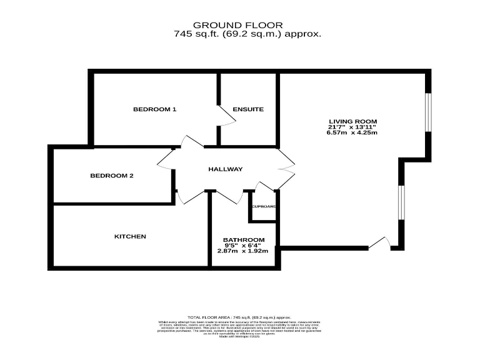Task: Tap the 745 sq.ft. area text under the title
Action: tap(247, 34)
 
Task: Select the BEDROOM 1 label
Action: tap(154, 109)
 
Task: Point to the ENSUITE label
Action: tap(248, 109)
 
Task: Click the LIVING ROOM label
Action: tap(353, 121)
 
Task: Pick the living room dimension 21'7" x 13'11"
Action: tap(353, 127)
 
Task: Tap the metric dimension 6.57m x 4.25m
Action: tap(353, 132)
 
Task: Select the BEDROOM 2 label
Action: tap(112, 176)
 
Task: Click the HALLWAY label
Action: tap(226, 169)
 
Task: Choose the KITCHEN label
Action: tap(130, 236)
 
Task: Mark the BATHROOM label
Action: tap(244, 240)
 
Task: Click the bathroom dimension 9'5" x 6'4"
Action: tap(244, 246)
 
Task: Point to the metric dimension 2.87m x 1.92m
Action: tap(242, 251)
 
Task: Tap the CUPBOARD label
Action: tap(264, 206)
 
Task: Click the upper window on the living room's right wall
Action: tap(428, 113)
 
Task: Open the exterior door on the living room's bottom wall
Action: tap(379, 244)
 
